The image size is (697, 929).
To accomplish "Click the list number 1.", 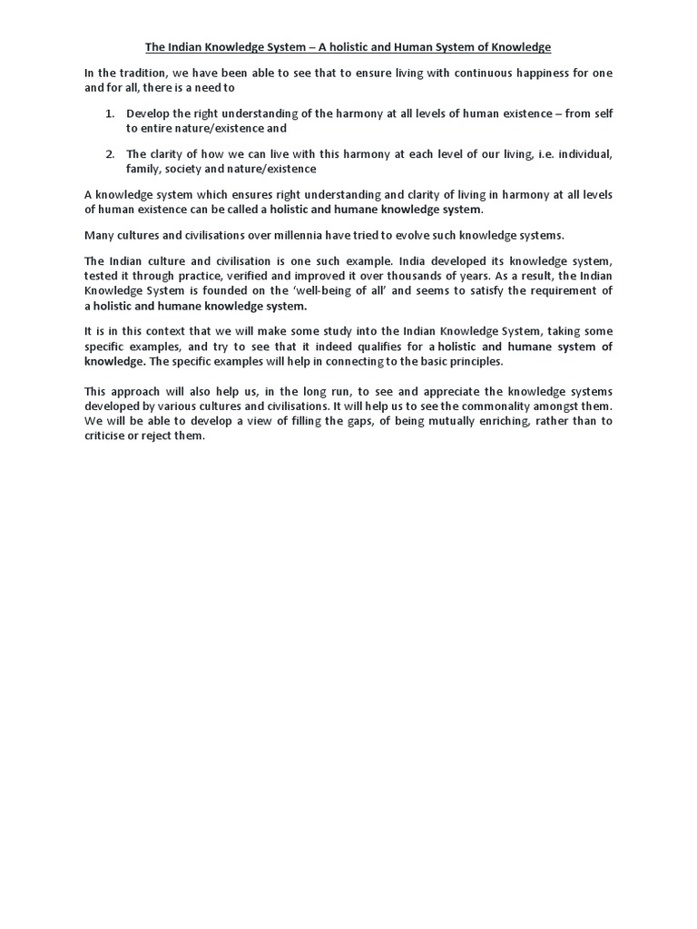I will coord(110,114).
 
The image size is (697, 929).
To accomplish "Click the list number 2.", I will coord(110,154).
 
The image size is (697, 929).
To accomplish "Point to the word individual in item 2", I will coord(581,154).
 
